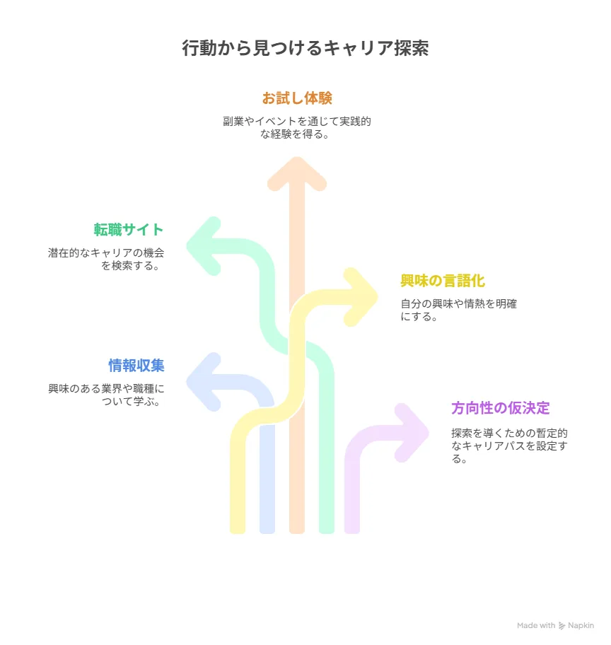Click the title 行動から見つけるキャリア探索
tap(305, 48)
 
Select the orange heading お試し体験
tap(297, 98)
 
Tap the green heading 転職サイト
tap(129, 230)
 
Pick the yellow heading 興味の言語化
tap(443, 281)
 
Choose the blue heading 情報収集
tap(136, 365)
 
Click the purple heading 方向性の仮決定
tap(500, 408)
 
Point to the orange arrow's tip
tap(296, 158)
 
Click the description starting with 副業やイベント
tap(296, 127)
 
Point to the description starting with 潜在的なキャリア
tap(106, 259)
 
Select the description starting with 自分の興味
tap(458, 310)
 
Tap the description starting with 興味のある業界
tap(106, 395)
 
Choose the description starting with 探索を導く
tap(509, 446)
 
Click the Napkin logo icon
tap(561, 626)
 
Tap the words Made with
tap(536, 625)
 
